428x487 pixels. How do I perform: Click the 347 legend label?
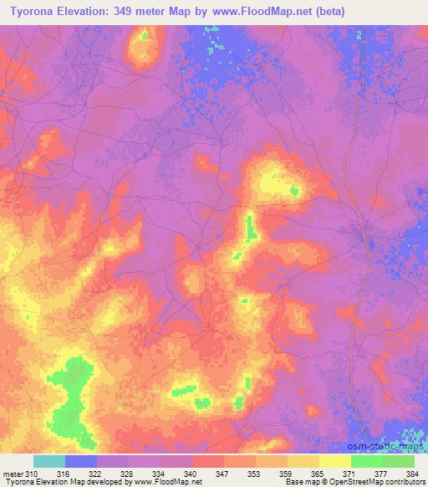pos(223,474)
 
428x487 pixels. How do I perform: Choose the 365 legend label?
pos(318,474)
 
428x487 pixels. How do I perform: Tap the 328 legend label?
pos(128,474)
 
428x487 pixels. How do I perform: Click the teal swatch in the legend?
pos(49,461)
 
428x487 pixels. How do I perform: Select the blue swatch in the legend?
pos(81,461)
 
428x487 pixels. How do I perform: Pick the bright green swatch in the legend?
pos(367,461)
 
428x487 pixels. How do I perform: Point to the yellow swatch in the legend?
pos(335,461)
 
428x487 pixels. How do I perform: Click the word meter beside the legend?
pos(13,474)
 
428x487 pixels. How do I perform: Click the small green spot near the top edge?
pos(145,36)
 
